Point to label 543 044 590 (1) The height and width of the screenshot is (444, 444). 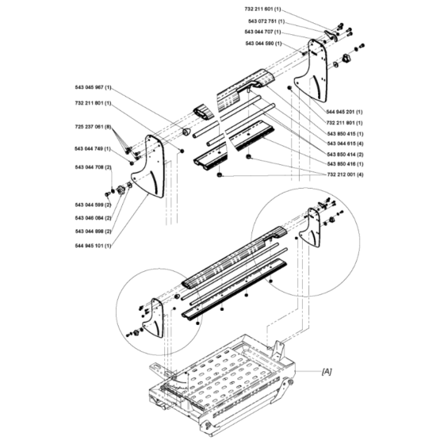pos(267,43)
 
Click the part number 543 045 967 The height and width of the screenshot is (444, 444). pos(93,88)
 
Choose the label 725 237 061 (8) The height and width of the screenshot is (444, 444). pos(93,127)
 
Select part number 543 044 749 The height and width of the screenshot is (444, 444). pos(93,148)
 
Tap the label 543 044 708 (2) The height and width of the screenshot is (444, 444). pos(93,167)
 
